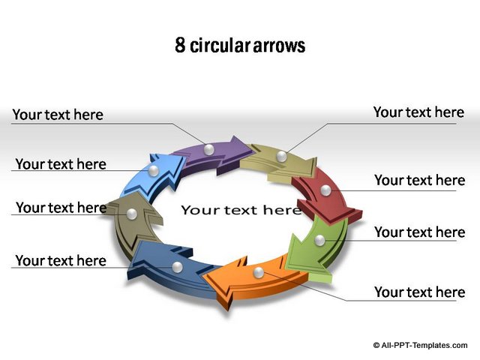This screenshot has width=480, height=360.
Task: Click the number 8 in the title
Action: (x=180, y=45)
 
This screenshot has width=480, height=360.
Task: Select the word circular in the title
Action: (x=218, y=45)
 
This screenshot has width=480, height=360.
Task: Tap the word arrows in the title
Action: (x=279, y=46)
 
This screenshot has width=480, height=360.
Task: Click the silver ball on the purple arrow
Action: (x=208, y=150)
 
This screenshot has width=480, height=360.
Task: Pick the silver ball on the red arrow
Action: (x=325, y=190)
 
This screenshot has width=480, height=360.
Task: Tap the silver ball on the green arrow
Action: (x=319, y=240)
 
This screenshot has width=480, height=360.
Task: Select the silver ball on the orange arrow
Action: (x=259, y=272)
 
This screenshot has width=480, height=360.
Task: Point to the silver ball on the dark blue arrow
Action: (x=177, y=267)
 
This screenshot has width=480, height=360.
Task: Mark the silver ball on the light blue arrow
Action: (x=153, y=171)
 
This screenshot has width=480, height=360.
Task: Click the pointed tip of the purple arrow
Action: (x=253, y=150)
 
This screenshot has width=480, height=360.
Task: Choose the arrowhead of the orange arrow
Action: (x=222, y=283)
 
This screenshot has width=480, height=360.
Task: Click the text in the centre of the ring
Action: (x=241, y=210)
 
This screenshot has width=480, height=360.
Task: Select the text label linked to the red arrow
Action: (x=420, y=180)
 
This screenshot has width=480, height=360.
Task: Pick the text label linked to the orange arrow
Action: (x=420, y=292)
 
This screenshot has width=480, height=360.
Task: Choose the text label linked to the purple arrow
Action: (x=58, y=115)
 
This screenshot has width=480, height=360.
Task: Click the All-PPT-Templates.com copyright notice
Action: (x=420, y=345)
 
